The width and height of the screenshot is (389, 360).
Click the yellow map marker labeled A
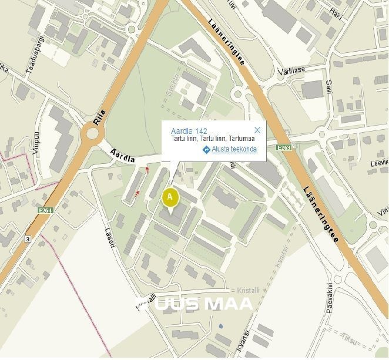tap(170, 196)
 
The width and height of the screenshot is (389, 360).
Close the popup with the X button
tap(257, 130)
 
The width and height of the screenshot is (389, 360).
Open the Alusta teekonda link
tap(234, 150)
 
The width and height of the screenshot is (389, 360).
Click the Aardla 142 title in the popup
tap(189, 130)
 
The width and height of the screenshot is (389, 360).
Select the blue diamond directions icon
tap(206, 150)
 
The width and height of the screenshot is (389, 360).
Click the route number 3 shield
tap(27, 239)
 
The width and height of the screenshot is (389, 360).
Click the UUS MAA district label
tap(194, 303)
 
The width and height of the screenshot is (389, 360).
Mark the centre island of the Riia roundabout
tap(92, 133)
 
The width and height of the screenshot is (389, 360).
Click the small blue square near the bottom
tap(220, 325)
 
